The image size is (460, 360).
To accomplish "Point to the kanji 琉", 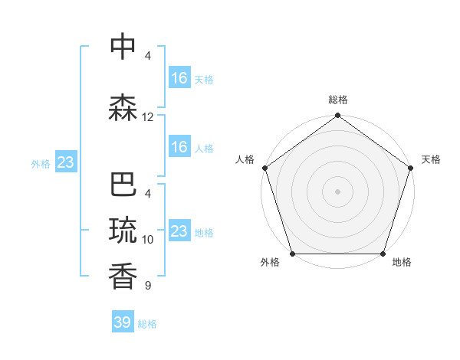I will coord(123,231).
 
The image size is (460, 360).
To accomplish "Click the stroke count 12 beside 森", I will coord(148,117).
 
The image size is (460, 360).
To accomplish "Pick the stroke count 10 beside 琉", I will coord(148,239).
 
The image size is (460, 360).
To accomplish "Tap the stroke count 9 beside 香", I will coord(148,286).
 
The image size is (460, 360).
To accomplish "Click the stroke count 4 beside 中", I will coord(148,55).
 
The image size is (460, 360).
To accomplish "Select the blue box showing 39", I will coord(123,322).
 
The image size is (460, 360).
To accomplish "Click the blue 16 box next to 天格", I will coord(179,78).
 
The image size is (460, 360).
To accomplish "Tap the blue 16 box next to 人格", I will coord(179,147).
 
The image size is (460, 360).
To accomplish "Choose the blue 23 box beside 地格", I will coord(179,231).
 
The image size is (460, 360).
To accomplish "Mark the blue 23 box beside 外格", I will coord(65,162).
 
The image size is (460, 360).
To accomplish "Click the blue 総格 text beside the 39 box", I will coord(147,324).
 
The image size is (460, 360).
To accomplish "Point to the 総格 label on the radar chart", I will coord(338,100).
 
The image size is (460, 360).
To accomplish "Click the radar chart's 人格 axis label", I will coord(245,159).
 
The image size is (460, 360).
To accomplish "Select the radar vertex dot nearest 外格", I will coord(293,254).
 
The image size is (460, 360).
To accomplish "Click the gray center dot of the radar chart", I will coord(337,191).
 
